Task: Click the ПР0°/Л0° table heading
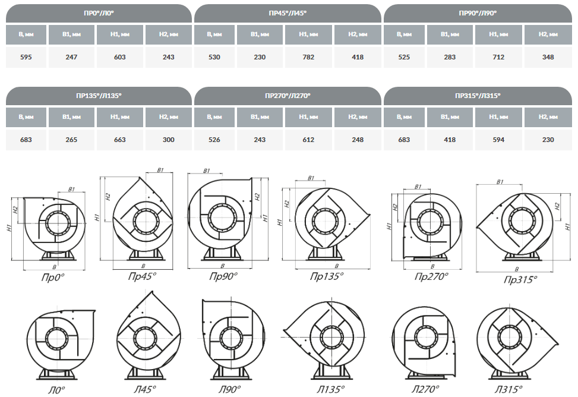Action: pyautogui.click(x=99, y=13)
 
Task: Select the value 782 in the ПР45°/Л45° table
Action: pyautogui.click(x=308, y=57)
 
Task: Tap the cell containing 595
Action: pyautogui.click(x=26, y=57)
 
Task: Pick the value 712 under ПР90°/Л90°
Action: pyautogui.click(x=498, y=57)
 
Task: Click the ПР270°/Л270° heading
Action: pyautogui.click(x=288, y=96)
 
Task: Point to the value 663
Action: pyautogui.click(x=120, y=140)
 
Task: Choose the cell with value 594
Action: pyautogui.click(x=498, y=140)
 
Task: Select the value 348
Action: pyautogui.click(x=548, y=57)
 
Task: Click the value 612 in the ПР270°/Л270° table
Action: pyautogui.click(x=308, y=140)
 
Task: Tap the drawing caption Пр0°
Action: pyautogui.click(x=53, y=278)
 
